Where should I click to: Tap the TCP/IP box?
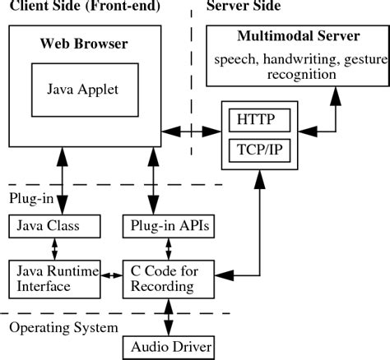pos(259,150)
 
